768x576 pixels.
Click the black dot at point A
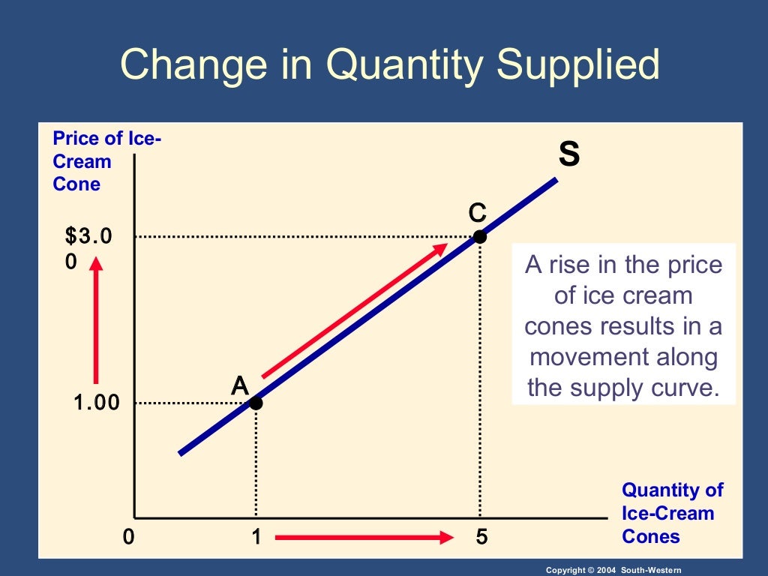[x=256, y=403]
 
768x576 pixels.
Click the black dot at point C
[x=480, y=237]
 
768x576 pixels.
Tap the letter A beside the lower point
[x=239, y=385]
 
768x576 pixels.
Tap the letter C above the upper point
[x=478, y=213]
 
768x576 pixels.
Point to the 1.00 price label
[x=96, y=403]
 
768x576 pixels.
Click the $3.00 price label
[x=88, y=248]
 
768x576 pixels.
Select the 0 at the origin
[x=129, y=537]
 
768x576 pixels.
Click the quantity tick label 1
[x=256, y=537]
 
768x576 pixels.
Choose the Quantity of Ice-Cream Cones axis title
[x=672, y=513]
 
